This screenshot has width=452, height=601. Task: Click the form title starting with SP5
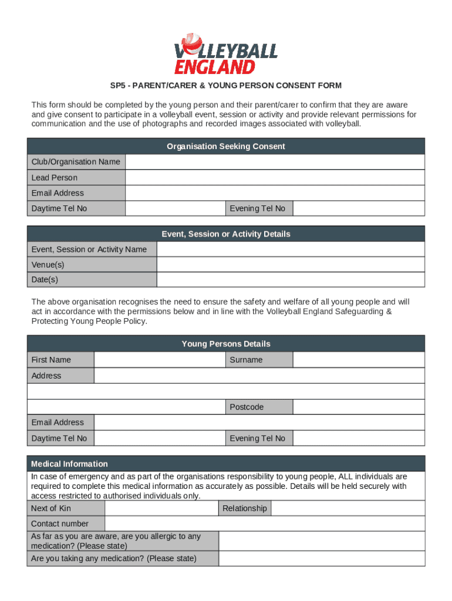[x=226, y=86]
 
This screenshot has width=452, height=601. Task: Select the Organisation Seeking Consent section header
[x=226, y=146]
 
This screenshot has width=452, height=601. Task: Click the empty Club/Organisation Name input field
[x=275, y=162]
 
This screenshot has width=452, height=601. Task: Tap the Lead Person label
[x=54, y=178]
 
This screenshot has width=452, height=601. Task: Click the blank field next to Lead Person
[x=275, y=178]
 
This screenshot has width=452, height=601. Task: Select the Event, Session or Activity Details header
[x=226, y=234]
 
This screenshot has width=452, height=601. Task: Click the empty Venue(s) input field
[x=290, y=265]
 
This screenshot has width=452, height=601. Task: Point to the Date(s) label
[x=45, y=280]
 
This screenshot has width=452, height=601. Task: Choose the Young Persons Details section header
[x=226, y=344]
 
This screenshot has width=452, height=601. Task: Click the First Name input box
[x=160, y=360]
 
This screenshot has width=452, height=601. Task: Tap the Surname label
[x=246, y=360]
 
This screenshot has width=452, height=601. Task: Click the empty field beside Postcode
[x=358, y=407]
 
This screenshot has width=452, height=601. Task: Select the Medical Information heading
[x=69, y=464]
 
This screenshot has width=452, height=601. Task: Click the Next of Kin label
[x=51, y=508]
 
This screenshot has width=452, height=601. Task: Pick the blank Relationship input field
[x=348, y=508]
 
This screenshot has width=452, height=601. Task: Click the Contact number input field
[x=264, y=524]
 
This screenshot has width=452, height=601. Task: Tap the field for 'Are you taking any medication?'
[x=322, y=558]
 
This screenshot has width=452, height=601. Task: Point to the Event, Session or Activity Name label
[x=89, y=249]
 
